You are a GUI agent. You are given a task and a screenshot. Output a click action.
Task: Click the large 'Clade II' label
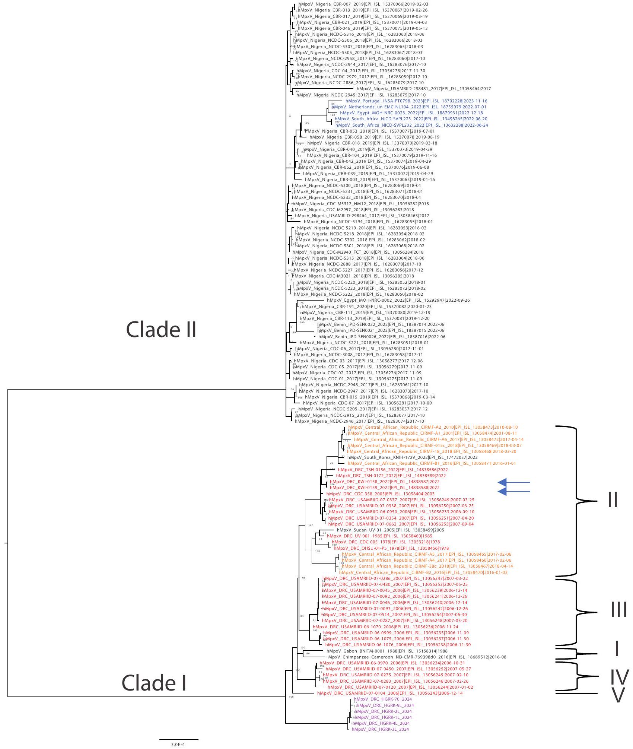(161, 330)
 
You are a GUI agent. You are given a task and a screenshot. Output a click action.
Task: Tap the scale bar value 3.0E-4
(178, 745)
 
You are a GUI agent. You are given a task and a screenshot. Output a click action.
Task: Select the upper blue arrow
(514, 482)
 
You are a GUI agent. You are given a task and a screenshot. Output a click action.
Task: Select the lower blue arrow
(514, 492)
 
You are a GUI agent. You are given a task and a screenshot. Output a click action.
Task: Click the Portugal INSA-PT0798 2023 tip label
(416, 101)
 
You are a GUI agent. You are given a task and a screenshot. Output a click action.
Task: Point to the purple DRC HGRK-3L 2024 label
(380, 730)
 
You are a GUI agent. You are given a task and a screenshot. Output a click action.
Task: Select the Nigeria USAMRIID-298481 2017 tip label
(424, 89)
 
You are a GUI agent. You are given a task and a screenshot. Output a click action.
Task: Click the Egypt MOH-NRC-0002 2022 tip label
(398, 300)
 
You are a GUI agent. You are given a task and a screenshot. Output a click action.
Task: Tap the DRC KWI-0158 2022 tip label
(385, 482)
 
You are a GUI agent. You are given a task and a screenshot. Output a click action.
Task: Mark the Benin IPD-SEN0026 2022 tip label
(382, 337)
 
